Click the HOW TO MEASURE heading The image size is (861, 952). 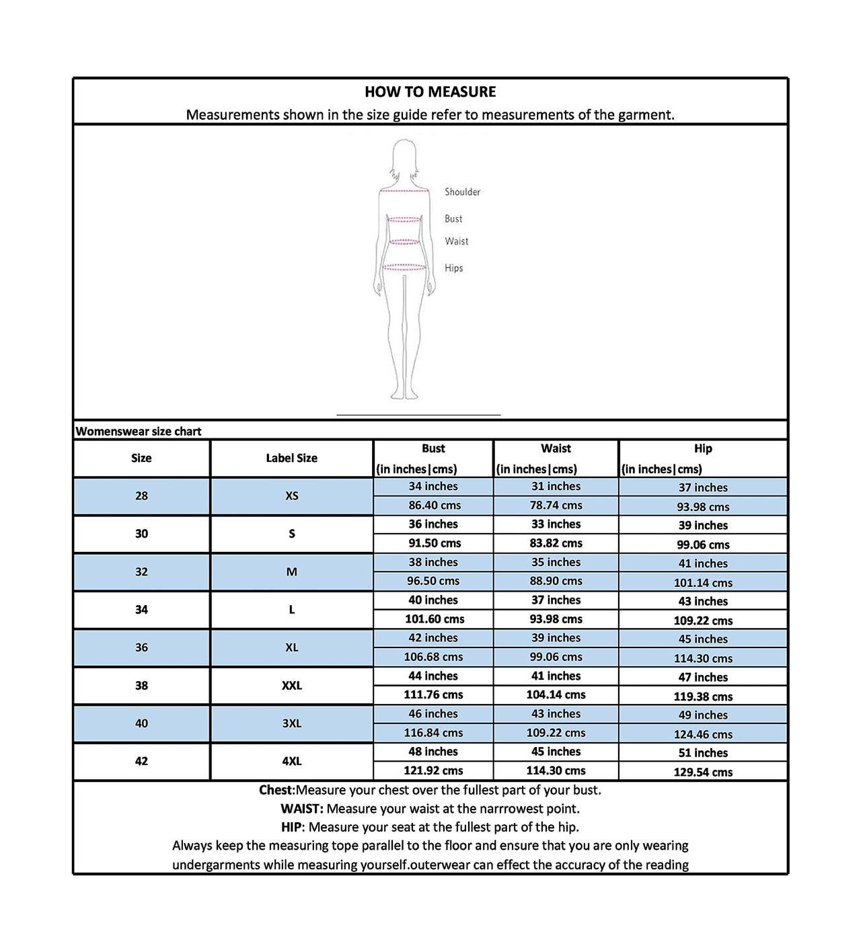[430, 92]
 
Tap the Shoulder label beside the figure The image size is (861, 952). [462, 192]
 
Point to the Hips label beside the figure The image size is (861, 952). [453, 268]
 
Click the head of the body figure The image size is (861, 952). [404, 155]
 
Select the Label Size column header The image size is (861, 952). [291, 459]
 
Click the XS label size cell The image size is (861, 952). [291, 496]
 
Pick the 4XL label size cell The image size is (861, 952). [291, 762]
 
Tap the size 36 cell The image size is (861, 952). [141, 648]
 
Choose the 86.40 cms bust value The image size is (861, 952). [434, 506]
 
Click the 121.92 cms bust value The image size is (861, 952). [433, 771]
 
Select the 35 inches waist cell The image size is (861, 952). [556, 563]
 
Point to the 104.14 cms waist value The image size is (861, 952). [556, 695]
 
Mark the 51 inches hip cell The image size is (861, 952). [703, 754]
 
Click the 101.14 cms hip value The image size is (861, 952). [703, 584]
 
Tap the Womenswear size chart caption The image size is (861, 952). [139, 432]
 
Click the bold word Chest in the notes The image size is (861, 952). [276, 791]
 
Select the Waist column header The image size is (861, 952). [556, 449]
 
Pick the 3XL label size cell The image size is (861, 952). [291, 724]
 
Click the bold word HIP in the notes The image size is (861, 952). [293, 828]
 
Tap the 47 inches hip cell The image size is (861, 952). [703, 678]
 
